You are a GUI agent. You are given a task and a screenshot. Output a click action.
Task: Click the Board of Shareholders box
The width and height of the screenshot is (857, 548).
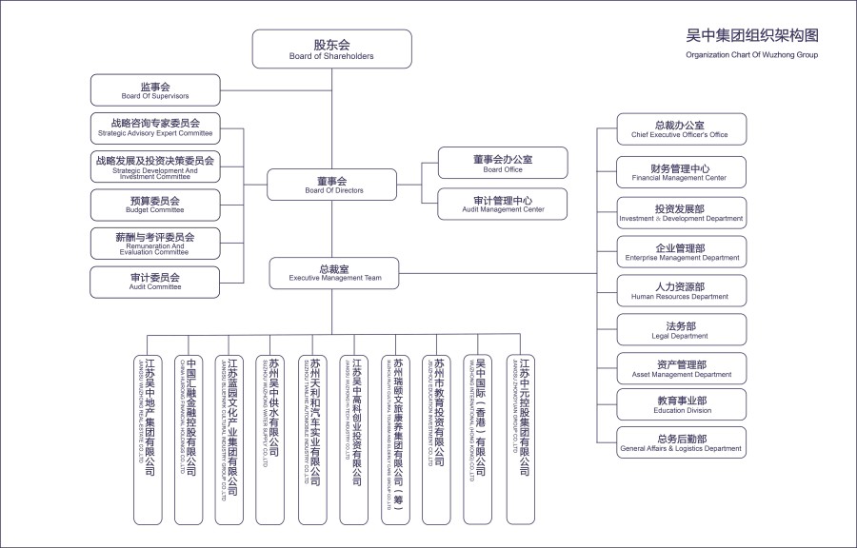(x=331, y=49)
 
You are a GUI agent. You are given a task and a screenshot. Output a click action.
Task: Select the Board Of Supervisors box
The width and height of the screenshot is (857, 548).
(x=155, y=90)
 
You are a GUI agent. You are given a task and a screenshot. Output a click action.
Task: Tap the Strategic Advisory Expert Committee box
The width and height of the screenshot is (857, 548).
(x=155, y=127)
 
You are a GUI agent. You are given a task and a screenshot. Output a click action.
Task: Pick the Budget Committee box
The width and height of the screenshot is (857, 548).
(x=155, y=204)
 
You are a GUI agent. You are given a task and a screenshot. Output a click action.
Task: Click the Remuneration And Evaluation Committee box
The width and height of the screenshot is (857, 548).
(x=155, y=243)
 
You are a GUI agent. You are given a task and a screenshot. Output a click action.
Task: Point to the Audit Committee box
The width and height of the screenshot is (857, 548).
(x=155, y=281)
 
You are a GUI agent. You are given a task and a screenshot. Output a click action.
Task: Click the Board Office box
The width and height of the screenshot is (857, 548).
(x=502, y=163)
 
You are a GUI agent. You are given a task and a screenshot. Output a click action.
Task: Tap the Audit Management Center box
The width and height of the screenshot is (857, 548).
(x=502, y=204)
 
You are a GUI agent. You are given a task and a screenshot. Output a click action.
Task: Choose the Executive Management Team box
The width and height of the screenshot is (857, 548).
(x=332, y=273)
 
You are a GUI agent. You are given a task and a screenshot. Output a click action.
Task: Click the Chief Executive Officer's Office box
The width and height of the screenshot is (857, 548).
(x=681, y=129)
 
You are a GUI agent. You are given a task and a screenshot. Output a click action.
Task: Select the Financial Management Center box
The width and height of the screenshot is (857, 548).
(x=681, y=172)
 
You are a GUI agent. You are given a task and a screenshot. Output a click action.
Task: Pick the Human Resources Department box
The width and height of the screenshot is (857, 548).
(x=681, y=291)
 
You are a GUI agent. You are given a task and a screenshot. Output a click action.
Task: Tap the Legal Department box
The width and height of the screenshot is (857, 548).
(x=681, y=330)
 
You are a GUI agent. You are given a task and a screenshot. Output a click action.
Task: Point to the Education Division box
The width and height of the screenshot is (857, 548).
(x=681, y=405)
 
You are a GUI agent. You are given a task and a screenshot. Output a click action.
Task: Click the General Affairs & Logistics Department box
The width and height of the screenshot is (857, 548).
(x=681, y=443)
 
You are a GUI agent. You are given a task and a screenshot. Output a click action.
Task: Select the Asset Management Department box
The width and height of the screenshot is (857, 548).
(x=681, y=368)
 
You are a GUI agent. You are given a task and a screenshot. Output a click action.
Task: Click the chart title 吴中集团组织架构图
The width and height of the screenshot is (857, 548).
(x=752, y=35)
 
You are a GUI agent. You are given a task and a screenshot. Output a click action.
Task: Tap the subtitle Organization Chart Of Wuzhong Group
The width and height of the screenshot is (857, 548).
(x=752, y=55)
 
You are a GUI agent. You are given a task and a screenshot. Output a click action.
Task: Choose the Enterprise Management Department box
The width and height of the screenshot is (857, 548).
(x=681, y=252)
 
